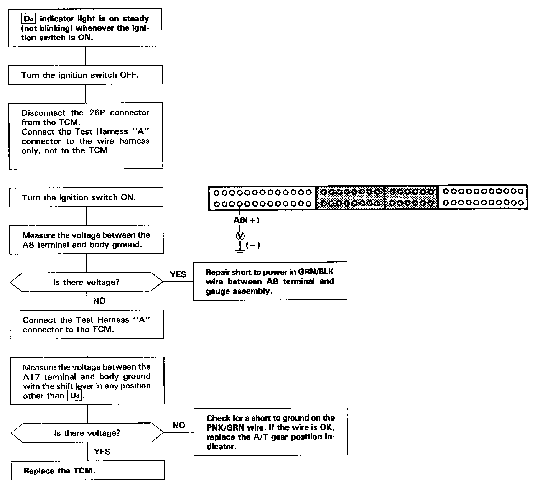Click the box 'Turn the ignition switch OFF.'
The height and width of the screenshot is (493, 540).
pyautogui.click(x=85, y=75)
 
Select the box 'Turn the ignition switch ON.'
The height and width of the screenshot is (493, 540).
pyautogui.click(x=86, y=197)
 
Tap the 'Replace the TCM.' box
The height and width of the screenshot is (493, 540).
pyautogui.click(x=87, y=471)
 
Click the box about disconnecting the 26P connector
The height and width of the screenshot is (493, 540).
pyautogui.click(x=86, y=135)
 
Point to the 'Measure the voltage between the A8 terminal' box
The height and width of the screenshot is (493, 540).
pyautogui.click(x=86, y=240)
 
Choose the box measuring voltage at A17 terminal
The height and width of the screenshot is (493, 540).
pyautogui.click(x=87, y=381)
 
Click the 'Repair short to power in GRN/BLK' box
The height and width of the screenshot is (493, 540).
pyautogui.click(x=270, y=281)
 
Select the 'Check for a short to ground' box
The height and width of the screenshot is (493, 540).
pyautogui.click(x=271, y=432)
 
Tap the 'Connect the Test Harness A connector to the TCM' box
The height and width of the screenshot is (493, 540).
pyautogui.click(x=87, y=324)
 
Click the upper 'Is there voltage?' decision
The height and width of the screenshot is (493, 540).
pyautogui.click(x=86, y=282)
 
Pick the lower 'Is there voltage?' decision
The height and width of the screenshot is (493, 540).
pyautogui.click(x=87, y=433)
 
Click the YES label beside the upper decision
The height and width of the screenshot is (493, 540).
pyautogui.click(x=178, y=274)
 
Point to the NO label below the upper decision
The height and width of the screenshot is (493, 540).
pyautogui.click(x=99, y=301)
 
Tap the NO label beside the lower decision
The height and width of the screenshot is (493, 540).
pyautogui.click(x=179, y=425)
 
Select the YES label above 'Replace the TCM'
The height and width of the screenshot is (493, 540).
pyautogui.click(x=102, y=451)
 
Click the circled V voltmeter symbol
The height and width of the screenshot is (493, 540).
pyautogui.click(x=240, y=236)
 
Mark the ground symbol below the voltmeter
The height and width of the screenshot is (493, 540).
pyautogui.click(x=240, y=250)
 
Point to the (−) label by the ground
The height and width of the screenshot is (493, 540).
pyautogui.click(x=253, y=245)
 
